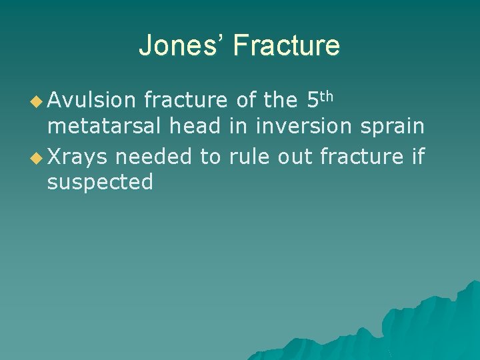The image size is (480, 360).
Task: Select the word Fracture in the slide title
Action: [287, 46]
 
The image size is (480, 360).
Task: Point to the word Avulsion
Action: [91, 101]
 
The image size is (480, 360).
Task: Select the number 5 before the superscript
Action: [313, 100]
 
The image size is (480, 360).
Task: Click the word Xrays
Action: [77, 155]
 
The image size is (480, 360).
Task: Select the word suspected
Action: [100, 182]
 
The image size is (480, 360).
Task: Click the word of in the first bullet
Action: [246, 101]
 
